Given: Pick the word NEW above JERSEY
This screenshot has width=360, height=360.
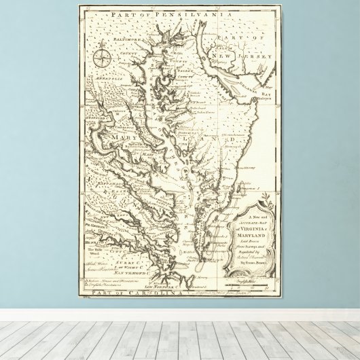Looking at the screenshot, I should [x=221, y=49].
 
